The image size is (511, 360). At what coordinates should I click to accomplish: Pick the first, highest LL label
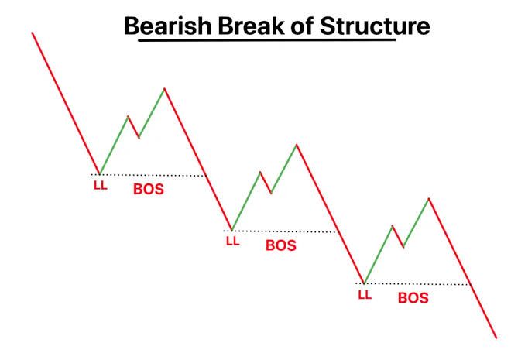coord(101,186)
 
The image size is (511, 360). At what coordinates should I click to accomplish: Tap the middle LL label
coord(233,241)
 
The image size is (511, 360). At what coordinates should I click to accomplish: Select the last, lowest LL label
coord(365,294)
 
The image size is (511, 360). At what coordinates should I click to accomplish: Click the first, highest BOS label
coord(149,188)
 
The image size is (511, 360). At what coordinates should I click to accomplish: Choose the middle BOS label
coord(280,245)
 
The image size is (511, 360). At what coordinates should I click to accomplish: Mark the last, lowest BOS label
coord(413,297)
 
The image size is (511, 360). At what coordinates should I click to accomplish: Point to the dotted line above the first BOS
coord(153,175)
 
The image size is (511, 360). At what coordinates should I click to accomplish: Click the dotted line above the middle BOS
coord(285,231)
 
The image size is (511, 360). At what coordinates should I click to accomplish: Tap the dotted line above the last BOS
coord(417,284)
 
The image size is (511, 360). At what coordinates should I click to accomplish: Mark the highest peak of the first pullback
coord(164,88)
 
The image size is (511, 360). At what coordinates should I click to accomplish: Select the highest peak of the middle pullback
coord(296,144)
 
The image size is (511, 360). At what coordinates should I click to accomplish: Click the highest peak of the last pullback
coord(428,198)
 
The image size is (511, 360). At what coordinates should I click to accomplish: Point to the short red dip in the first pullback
coord(134,127)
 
